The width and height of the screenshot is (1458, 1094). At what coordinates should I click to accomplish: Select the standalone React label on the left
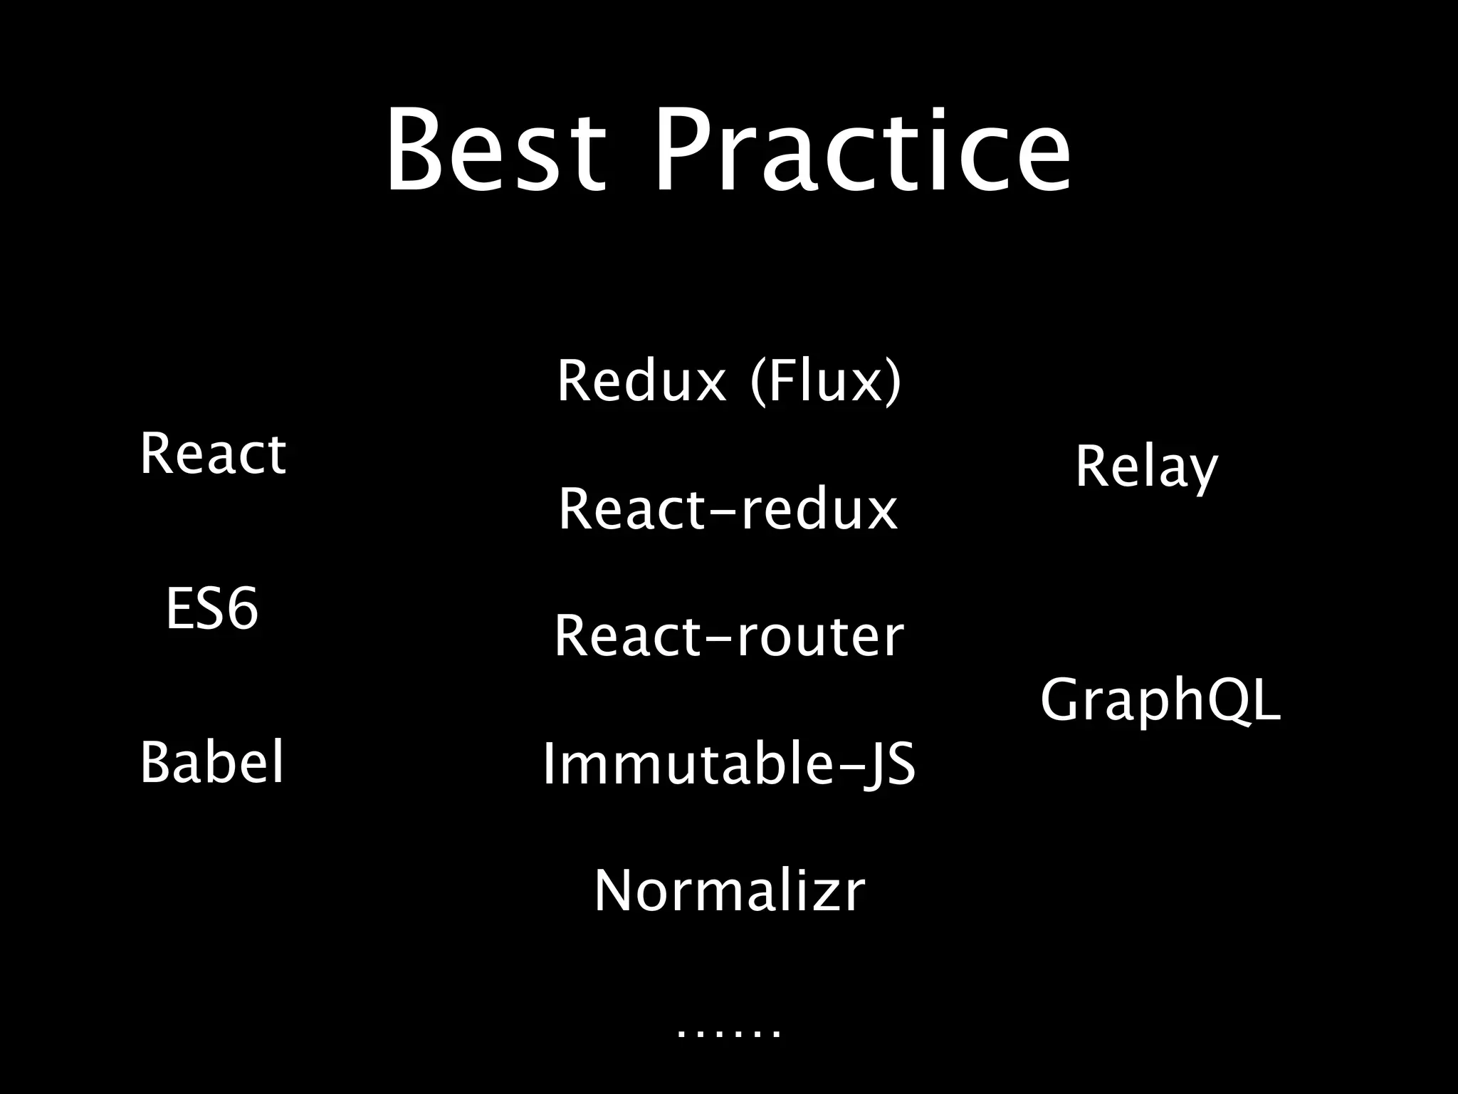click(213, 454)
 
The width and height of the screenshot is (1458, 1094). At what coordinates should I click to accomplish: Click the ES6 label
click(212, 609)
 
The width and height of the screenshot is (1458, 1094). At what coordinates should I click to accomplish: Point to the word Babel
click(212, 762)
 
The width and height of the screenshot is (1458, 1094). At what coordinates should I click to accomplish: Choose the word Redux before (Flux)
click(641, 381)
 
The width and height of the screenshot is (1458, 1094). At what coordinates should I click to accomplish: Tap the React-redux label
click(728, 509)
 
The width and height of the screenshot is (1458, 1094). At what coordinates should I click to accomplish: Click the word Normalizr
click(729, 890)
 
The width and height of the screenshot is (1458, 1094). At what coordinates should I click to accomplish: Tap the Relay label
click(1146, 468)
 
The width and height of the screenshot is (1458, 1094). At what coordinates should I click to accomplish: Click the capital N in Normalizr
click(617, 890)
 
